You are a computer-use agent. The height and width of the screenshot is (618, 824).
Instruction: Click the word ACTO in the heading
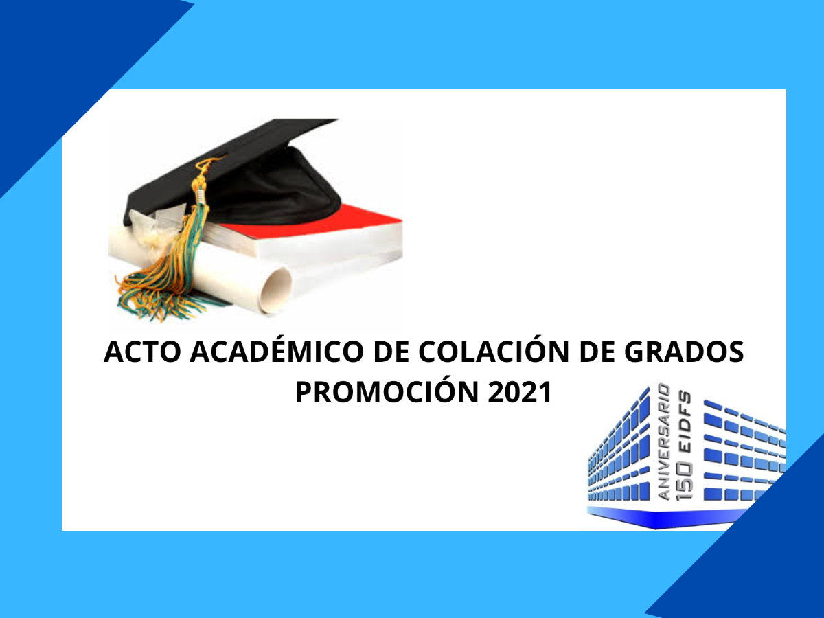pyautogui.click(x=142, y=352)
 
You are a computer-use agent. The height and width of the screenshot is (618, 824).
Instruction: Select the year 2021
pyautogui.click(x=520, y=392)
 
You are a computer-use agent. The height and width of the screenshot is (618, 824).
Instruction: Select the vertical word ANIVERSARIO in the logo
pyautogui.click(x=664, y=442)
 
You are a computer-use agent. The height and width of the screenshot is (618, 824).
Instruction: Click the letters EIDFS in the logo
pyautogui.click(x=685, y=423)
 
